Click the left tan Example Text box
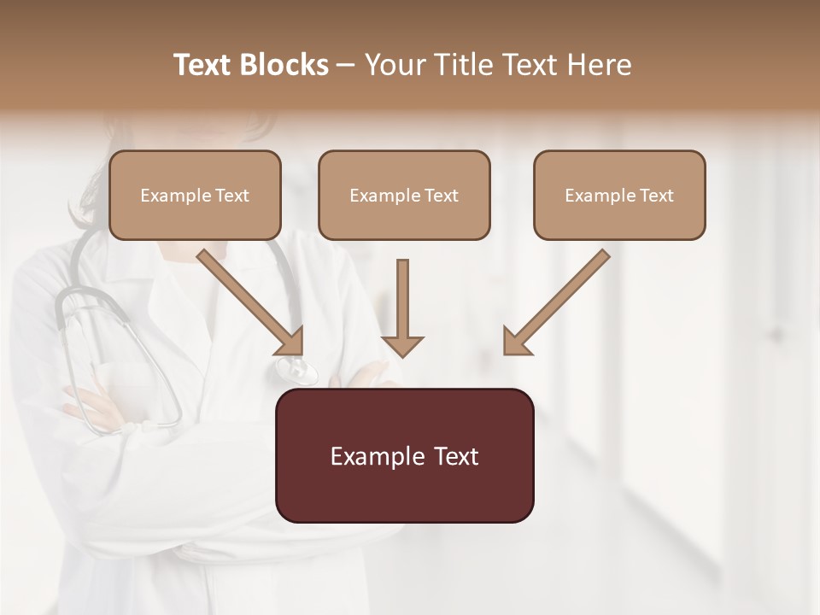click(195, 196)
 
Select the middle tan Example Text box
click(404, 196)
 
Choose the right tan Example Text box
click(619, 196)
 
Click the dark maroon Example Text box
click(404, 456)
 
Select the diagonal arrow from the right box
click(558, 301)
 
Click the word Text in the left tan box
click(231, 196)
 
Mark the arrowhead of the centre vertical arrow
click(402, 345)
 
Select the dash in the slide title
click(346, 66)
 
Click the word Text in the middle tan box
click(441, 196)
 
